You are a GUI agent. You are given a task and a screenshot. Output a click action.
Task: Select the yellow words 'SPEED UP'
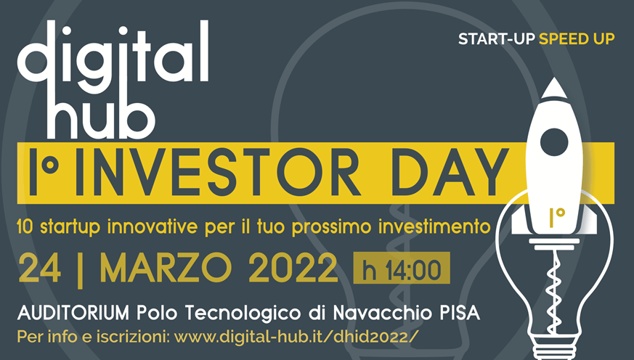pos(577,38)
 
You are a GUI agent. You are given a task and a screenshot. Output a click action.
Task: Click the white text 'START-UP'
pos(497,38)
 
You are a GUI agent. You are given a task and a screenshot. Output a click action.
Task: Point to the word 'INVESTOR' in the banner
pos(217,172)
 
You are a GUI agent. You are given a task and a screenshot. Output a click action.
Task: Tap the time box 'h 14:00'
pos(402,268)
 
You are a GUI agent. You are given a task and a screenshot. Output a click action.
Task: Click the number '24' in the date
pos(40,268)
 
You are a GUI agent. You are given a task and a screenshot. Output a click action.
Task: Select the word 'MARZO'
pos(166,268)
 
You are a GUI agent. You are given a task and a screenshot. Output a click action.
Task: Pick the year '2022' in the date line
pos(293,268)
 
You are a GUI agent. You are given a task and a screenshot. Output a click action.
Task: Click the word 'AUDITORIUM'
pos(73,313)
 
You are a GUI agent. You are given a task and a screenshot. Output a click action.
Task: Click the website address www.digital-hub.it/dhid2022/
pos(294,337)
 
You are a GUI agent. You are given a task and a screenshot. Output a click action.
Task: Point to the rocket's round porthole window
pos(554,142)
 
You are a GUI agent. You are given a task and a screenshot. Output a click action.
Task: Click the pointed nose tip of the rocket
pos(554,78)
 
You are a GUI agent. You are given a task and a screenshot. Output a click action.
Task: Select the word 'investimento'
pos(434,226)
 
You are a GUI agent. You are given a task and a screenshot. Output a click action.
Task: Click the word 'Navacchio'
pos(382,313)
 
